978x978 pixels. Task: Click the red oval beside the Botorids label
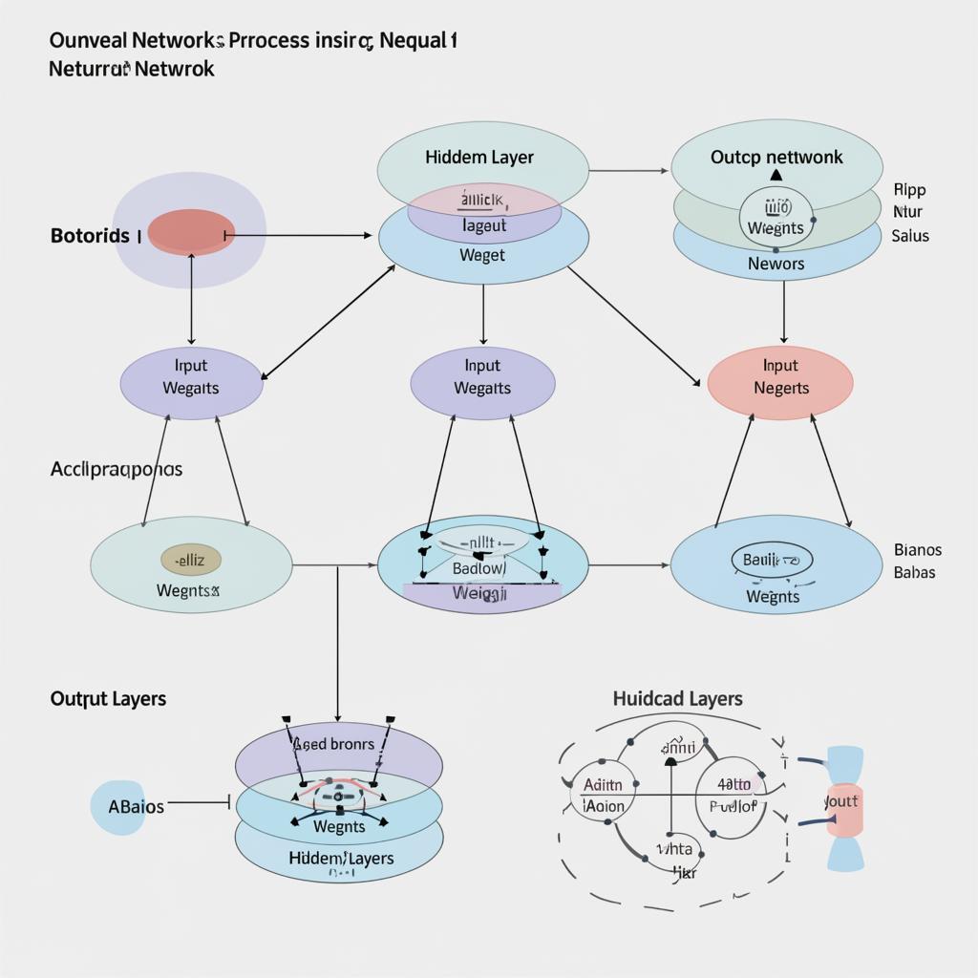click(x=191, y=233)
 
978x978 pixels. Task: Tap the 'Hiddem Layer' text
click(x=479, y=157)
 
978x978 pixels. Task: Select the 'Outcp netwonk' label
click(x=776, y=157)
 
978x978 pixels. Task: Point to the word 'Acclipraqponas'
click(x=116, y=469)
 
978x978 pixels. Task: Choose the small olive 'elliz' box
click(x=191, y=560)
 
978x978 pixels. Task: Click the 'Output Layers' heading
click(x=108, y=698)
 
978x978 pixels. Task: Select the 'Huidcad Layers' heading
click(x=677, y=699)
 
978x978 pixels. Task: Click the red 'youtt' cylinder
click(x=842, y=808)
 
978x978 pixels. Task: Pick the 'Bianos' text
click(x=917, y=550)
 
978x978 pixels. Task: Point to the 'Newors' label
click(x=776, y=264)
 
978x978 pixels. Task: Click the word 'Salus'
click(x=909, y=235)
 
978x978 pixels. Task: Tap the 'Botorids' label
click(x=90, y=235)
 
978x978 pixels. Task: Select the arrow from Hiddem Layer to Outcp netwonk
click(x=628, y=171)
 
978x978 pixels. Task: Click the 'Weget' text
click(x=482, y=255)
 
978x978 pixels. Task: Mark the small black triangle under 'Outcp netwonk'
click(x=776, y=177)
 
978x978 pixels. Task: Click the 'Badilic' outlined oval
click(x=772, y=560)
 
